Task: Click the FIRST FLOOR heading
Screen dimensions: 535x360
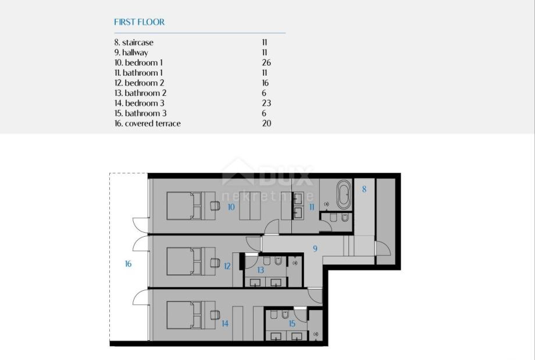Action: pos(139,22)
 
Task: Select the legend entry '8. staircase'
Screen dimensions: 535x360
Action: pos(134,42)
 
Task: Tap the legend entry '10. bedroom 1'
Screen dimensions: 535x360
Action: pos(138,63)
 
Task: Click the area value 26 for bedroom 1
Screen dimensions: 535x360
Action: pos(266,63)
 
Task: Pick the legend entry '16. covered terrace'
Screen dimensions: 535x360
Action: pos(147,123)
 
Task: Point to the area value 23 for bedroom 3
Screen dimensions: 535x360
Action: pos(266,103)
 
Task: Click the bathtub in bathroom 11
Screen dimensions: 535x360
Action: pos(344,194)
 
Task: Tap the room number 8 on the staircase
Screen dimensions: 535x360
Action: pos(364,189)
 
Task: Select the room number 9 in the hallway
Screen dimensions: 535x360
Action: pos(315,248)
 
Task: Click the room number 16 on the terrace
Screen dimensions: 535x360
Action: pos(129,264)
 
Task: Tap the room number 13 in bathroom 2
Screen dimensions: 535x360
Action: pos(261,270)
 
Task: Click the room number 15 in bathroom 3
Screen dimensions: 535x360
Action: pos(292,323)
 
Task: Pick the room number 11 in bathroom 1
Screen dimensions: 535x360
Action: pos(312,207)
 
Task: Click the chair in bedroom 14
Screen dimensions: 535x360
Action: pos(215,315)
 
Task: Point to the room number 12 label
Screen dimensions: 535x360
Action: pos(227,266)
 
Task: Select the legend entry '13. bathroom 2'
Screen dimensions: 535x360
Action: pos(140,93)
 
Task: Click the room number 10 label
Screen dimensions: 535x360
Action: pos(231,207)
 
